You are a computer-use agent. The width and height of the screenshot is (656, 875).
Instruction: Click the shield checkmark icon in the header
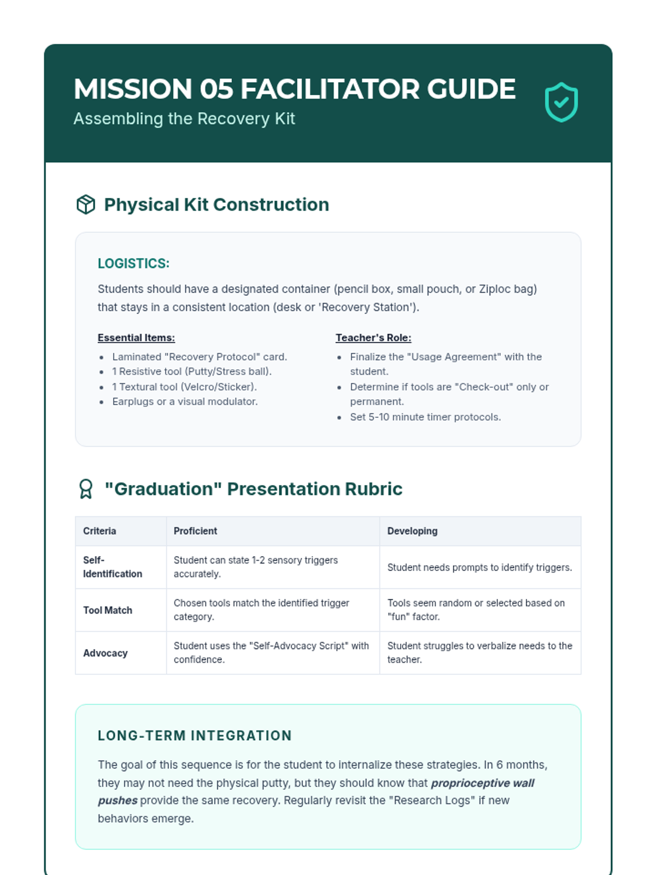point(561,102)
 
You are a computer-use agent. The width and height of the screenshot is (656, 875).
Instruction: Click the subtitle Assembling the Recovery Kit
point(184,119)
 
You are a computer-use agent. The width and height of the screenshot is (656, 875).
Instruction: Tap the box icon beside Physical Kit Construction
point(86,205)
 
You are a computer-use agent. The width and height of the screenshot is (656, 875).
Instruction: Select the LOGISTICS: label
point(133,264)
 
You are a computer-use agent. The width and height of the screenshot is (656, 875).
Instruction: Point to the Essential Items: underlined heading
point(136,338)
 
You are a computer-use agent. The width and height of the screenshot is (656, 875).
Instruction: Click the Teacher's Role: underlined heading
point(373,338)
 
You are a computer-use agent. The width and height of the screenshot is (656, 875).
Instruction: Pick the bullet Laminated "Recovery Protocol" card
point(200,357)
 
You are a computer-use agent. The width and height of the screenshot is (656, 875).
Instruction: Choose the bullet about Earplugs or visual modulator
point(185,401)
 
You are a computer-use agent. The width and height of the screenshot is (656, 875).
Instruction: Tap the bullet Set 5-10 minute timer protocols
point(425,417)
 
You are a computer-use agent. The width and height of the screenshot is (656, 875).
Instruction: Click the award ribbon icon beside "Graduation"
point(86,489)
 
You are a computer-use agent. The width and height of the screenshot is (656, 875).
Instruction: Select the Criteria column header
point(99,531)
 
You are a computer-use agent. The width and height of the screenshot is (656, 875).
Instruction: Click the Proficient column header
point(195,531)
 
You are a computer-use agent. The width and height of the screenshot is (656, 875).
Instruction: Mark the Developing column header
point(412,531)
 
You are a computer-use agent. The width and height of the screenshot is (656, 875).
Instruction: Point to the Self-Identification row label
point(112,567)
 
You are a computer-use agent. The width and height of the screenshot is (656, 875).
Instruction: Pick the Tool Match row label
point(108,610)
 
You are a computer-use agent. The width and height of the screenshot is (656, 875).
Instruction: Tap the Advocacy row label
point(106,653)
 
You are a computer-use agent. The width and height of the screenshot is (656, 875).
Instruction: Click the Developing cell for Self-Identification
point(479,568)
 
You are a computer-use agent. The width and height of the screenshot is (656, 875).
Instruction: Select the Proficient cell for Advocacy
point(271,652)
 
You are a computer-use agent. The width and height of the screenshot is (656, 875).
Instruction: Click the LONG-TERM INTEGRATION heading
point(195,736)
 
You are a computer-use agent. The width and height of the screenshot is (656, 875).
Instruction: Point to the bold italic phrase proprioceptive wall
point(483,783)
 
